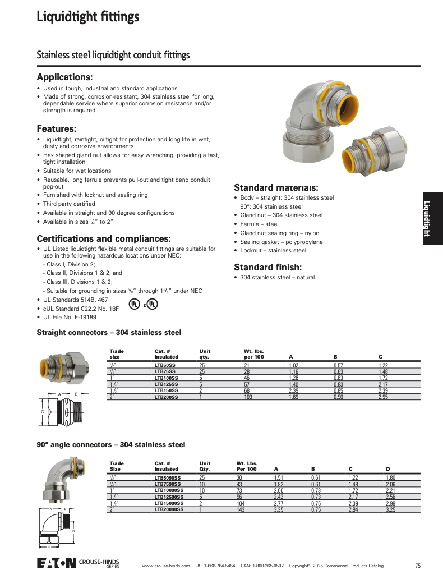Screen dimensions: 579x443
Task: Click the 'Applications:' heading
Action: pyautogui.click(x=64, y=77)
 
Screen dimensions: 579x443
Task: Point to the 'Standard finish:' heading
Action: pyautogui.click(x=267, y=267)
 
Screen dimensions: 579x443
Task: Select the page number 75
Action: pyautogui.click(x=418, y=565)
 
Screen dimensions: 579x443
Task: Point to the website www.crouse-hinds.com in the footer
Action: pyautogui.click(x=165, y=566)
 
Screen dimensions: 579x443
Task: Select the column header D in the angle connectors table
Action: pyautogui.click(x=387, y=468)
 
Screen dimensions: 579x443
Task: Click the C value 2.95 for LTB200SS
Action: pyautogui.click(x=384, y=397)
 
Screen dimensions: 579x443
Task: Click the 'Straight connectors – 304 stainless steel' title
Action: pyautogui.click(x=109, y=333)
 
